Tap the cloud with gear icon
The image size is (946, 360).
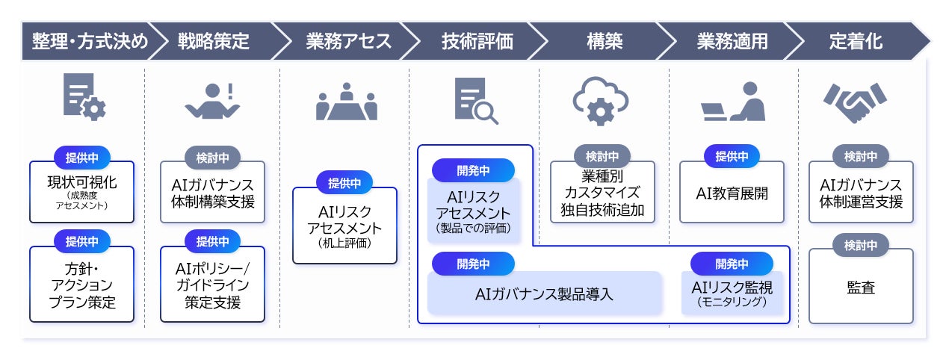[x=600, y=102]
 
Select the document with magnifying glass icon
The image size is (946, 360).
[x=475, y=102]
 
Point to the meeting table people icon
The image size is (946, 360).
[x=346, y=102]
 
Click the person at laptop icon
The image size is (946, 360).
[x=732, y=102]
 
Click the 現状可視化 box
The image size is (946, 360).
[x=81, y=192]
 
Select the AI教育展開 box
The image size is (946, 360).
[x=732, y=193]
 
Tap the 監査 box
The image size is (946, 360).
[x=860, y=287]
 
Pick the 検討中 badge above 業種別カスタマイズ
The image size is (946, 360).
[x=602, y=157]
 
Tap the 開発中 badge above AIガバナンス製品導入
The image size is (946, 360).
[x=473, y=264]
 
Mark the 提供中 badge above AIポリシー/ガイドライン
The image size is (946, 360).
[x=212, y=241]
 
